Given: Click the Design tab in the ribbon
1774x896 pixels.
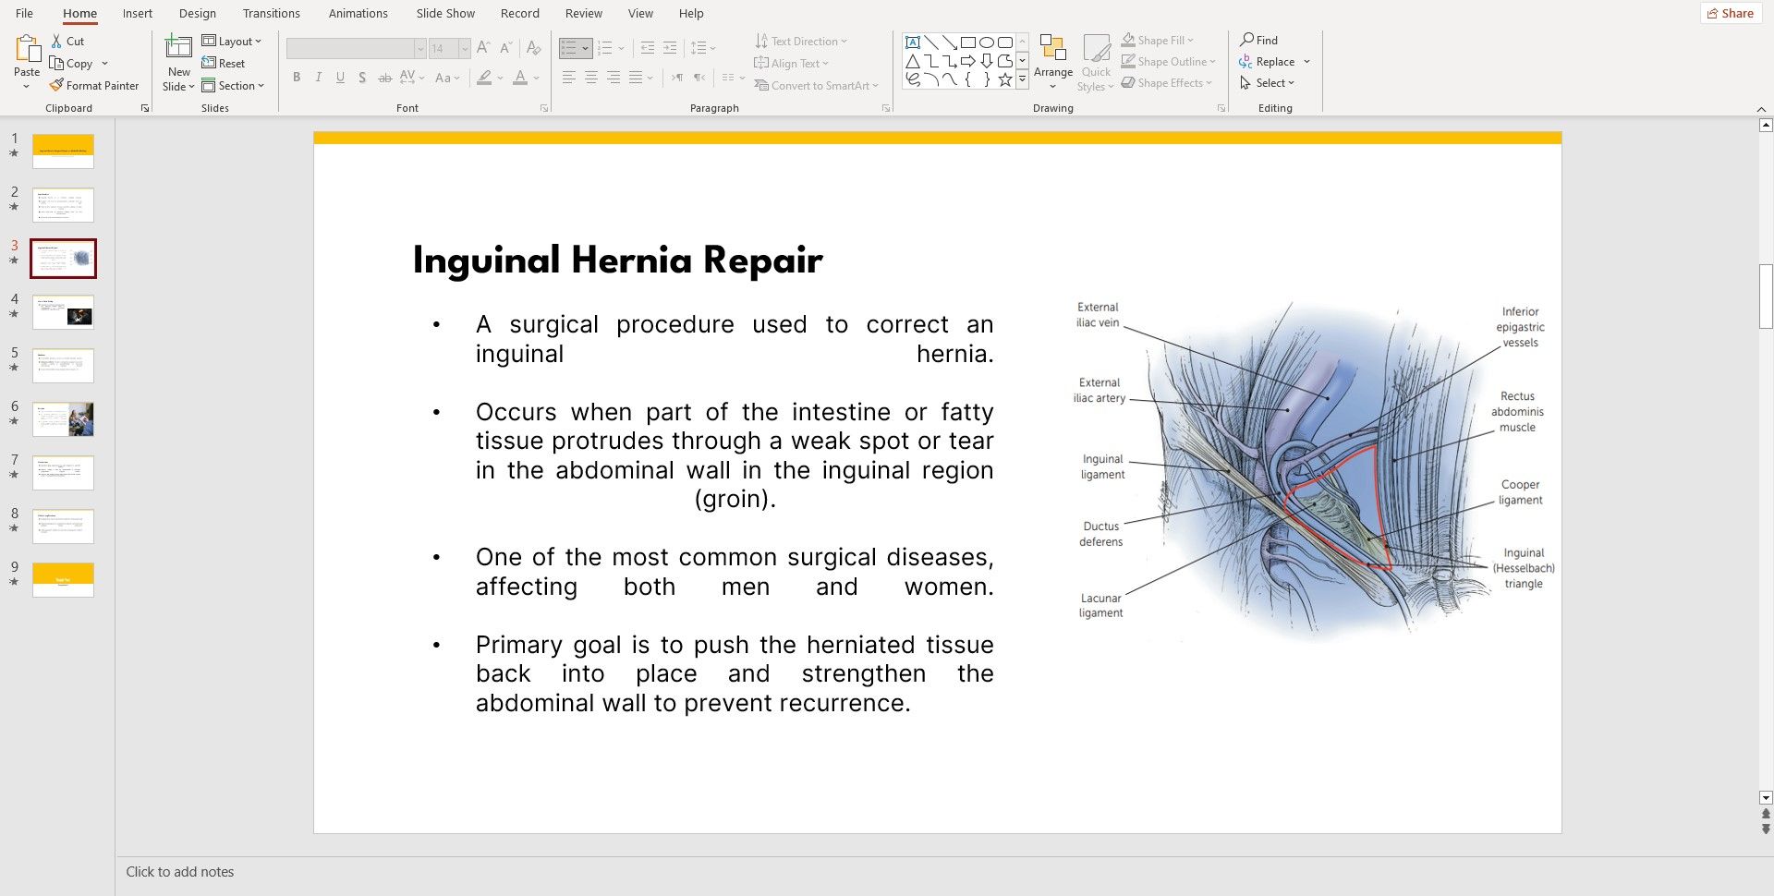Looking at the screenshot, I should click(x=197, y=13).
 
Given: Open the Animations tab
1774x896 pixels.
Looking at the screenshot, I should click(x=358, y=13).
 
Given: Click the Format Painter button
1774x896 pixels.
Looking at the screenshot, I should click(x=94, y=85).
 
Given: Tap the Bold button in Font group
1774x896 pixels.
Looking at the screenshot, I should click(x=297, y=78).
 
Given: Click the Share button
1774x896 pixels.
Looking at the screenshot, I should click(x=1730, y=13).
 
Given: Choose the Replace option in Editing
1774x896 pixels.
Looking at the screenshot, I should click(x=1274, y=62).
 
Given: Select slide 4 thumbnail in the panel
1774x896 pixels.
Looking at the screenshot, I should click(x=63, y=312).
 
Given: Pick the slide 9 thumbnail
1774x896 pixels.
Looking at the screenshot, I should click(x=63, y=579).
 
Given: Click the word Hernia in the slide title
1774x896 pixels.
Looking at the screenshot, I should click(x=631, y=260).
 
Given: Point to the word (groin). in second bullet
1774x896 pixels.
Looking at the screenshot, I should click(x=735, y=499).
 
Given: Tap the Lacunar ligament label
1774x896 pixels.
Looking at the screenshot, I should click(x=1100, y=605).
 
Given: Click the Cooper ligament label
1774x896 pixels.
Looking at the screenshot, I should click(x=1520, y=492).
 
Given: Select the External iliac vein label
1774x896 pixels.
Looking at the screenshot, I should click(x=1098, y=315).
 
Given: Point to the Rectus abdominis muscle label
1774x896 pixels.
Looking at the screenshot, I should click(x=1517, y=412).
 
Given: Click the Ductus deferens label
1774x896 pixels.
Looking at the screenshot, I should click(x=1100, y=534).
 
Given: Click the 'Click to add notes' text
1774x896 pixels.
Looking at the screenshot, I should click(x=180, y=872).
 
